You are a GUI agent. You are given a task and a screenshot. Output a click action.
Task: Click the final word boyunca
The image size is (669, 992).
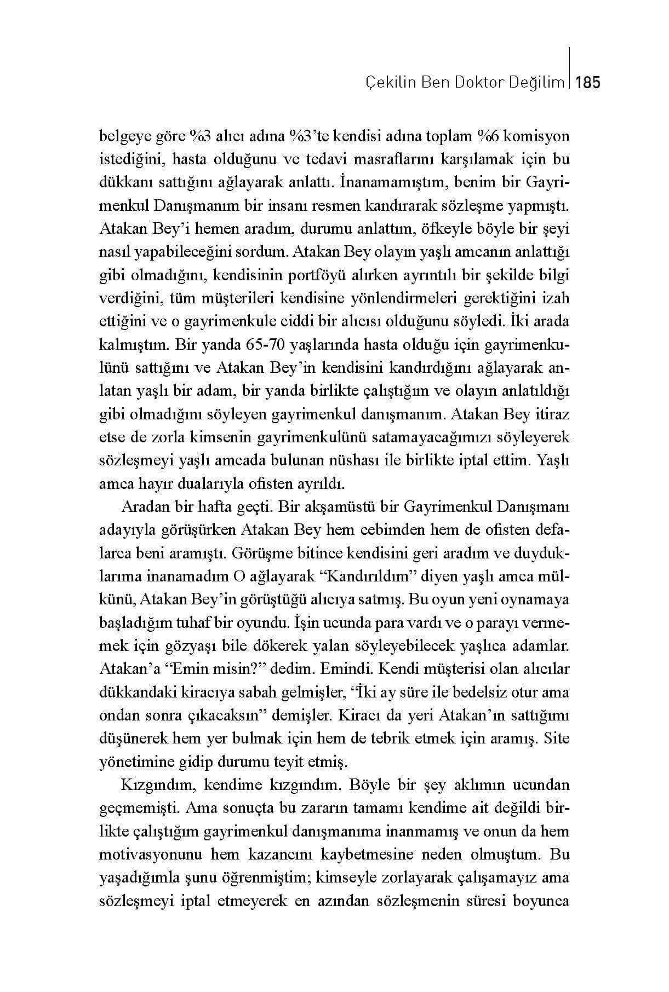point(541,901)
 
